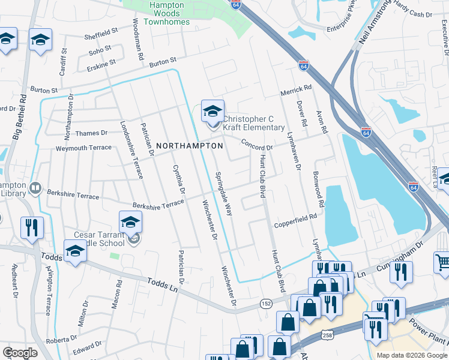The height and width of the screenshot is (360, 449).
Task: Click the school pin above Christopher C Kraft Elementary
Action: point(212,111)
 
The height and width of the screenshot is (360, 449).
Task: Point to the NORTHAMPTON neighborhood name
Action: point(190,146)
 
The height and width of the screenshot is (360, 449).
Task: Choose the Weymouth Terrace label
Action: point(83,148)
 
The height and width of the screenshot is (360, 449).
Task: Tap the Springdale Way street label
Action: point(223,193)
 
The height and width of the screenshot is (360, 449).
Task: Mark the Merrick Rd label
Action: point(297,89)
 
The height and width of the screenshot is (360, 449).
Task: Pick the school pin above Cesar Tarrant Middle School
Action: point(130,223)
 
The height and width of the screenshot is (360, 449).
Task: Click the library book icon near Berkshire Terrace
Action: point(35,189)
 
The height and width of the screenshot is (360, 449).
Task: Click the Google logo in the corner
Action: point(20,353)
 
